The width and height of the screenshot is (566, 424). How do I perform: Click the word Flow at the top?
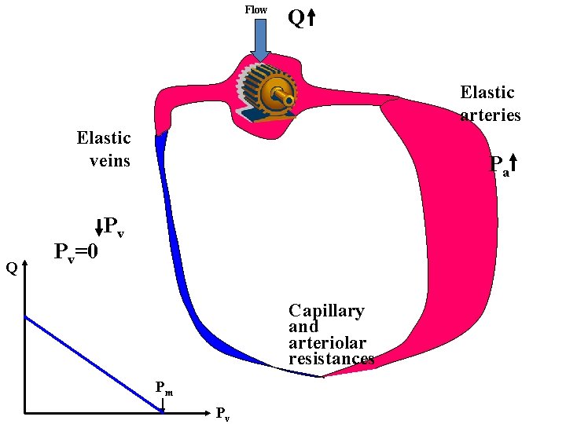pos(255,9)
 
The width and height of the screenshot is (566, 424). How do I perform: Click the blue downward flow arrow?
pos(260,39)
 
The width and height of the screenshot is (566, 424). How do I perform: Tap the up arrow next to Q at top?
pos(311,18)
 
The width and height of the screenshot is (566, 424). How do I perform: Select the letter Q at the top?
pos(296,18)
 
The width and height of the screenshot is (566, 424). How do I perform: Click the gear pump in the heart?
pos(267,93)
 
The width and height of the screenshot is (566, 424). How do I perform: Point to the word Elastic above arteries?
pos(487,93)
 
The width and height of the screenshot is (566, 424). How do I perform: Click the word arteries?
pos(491,115)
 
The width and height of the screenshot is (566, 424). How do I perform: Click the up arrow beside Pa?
pos(513,163)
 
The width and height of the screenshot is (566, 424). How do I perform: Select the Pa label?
pos(498,166)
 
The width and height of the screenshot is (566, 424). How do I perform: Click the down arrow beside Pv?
pos(99,228)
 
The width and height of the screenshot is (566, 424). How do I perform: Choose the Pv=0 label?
pos(76,253)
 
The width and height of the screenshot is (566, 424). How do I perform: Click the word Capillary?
pos(326,311)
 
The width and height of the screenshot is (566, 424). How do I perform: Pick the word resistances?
pos(331,359)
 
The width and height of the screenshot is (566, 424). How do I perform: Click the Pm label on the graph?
pos(164,387)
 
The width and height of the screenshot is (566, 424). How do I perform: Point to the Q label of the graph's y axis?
pos(11,269)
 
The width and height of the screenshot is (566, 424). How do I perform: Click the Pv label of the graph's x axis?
pos(222,414)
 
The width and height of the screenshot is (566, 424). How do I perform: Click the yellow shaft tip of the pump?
pos(289,101)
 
